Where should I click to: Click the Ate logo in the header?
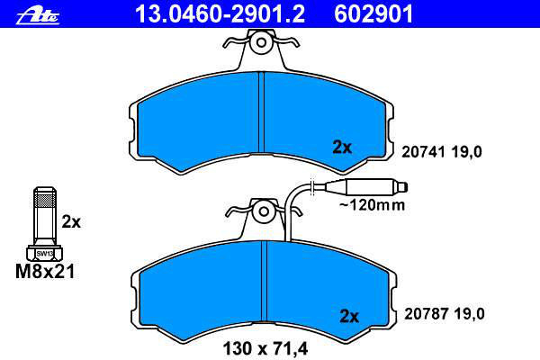pyautogui.click(x=38, y=16)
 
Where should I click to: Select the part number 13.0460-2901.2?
pyautogui.click(x=220, y=14)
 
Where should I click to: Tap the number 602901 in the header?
pyautogui.click(x=373, y=14)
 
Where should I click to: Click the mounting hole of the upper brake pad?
pyautogui.click(x=261, y=42)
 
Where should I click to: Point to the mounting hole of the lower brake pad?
pyautogui.click(x=264, y=211)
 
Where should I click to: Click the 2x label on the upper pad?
pyautogui.click(x=342, y=148)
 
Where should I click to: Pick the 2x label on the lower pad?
pyautogui.click(x=349, y=316)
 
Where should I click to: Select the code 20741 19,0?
pyautogui.click(x=442, y=152)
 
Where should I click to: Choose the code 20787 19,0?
pyautogui.click(x=445, y=314)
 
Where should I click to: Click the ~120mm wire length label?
pyautogui.click(x=373, y=205)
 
